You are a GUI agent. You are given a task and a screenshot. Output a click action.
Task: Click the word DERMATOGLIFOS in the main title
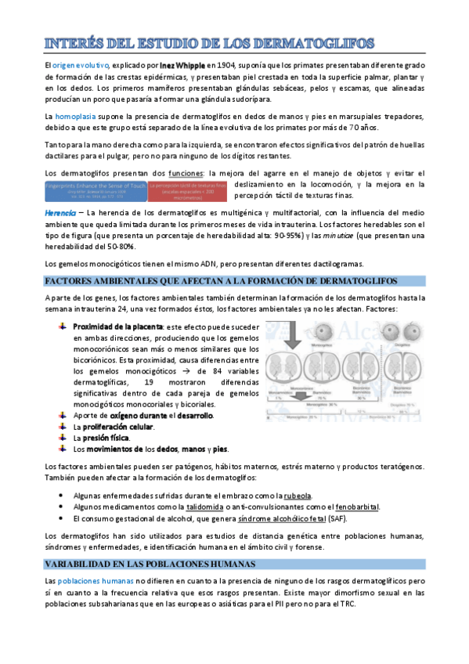pyautogui.click(x=316, y=41)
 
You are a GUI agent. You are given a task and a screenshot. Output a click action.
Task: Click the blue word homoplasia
pyautogui.click(x=75, y=117)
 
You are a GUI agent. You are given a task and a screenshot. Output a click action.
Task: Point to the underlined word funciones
pyautogui.click(x=186, y=172)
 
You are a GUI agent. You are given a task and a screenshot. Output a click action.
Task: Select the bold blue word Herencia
pyautogui.click(x=60, y=213)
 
